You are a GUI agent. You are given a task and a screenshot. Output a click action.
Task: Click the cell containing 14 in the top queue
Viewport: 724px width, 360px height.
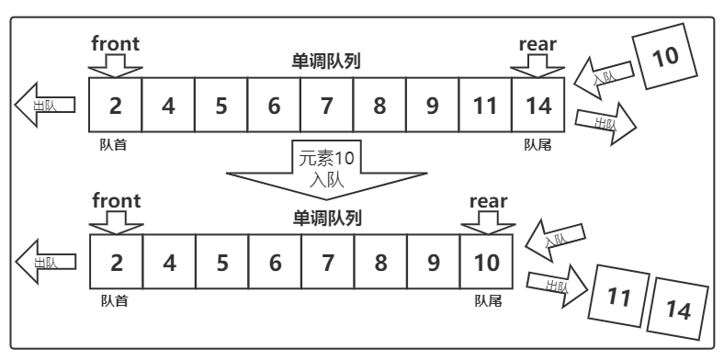coord(539,106)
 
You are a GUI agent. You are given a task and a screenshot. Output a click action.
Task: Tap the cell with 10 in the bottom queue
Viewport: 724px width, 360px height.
coord(486,263)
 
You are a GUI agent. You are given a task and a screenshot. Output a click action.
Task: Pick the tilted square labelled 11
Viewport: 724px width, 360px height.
coord(619,297)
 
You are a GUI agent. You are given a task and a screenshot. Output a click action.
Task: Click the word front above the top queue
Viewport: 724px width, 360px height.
coord(116,42)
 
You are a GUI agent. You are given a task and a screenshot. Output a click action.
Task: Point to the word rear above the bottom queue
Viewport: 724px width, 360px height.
coord(488,201)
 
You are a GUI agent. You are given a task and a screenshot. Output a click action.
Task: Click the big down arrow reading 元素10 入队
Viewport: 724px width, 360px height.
coord(327,170)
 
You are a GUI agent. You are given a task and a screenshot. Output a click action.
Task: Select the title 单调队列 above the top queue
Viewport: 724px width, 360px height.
coord(326,62)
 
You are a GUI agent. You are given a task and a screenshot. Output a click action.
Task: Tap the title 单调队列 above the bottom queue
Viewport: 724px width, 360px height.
coord(326,219)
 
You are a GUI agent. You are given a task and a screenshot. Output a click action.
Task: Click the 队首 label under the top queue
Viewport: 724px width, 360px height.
coord(114,143)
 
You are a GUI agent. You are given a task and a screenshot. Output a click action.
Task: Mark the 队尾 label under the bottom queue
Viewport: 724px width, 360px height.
coord(488,300)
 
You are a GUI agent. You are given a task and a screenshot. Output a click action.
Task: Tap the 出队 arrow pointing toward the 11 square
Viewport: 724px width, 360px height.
coord(558,285)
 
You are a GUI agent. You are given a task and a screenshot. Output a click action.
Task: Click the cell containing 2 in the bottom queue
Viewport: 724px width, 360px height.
coord(116,263)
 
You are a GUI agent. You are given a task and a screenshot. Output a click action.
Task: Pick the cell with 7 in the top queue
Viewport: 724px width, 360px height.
coord(327,106)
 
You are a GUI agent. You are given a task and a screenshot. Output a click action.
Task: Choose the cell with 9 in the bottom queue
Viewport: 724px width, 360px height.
coord(433,263)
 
